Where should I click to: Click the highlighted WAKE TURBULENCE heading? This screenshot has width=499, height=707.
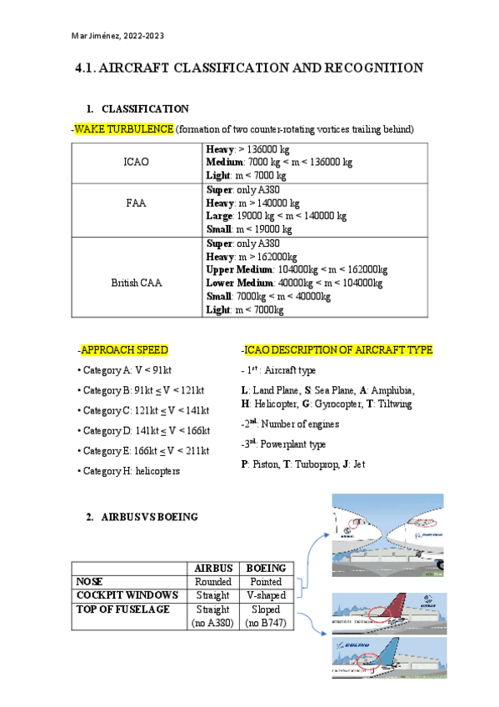pyautogui.click(x=124, y=129)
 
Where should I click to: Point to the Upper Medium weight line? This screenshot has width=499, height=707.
pyautogui.click(x=297, y=270)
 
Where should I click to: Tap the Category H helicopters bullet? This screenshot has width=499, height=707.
pyautogui.click(x=131, y=470)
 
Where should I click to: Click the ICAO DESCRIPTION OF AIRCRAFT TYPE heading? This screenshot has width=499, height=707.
pyautogui.click(x=337, y=350)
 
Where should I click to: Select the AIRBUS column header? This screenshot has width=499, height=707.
pyautogui.click(x=212, y=568)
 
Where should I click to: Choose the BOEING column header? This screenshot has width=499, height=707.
pyautogui.click(x=266, y=568)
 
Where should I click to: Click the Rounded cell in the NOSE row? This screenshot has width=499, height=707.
pyautogui.click(x=212, y=581)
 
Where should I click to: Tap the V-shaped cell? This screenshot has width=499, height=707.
pyautogui.click(x=266, y=594)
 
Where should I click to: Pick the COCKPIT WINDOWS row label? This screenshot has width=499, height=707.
pyautogui.click(x=127, y=594)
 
